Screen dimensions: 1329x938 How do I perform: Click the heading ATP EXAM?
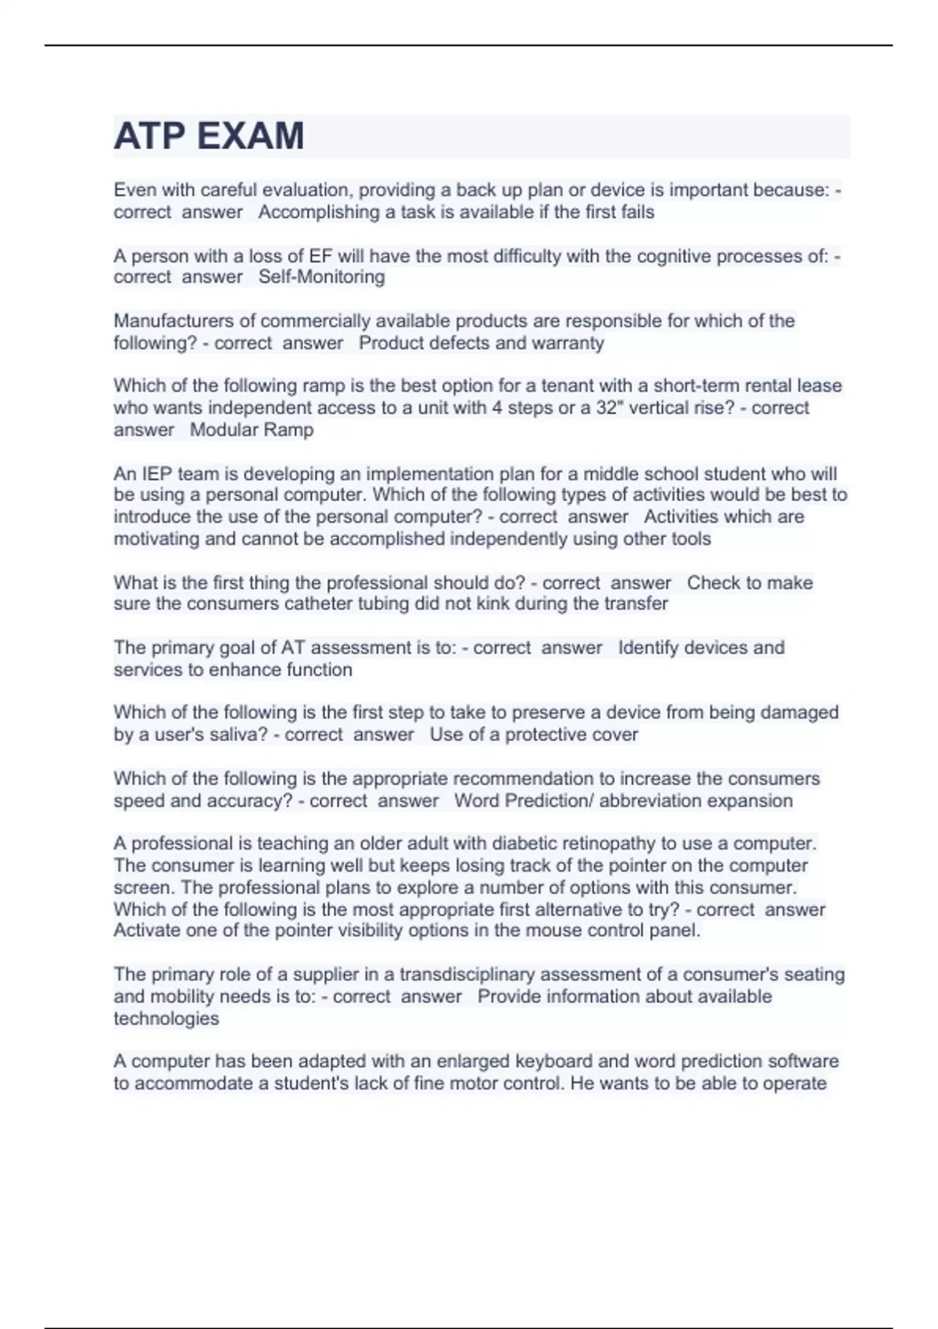click(209, 136)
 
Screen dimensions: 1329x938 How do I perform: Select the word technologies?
click(166, 1019)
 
